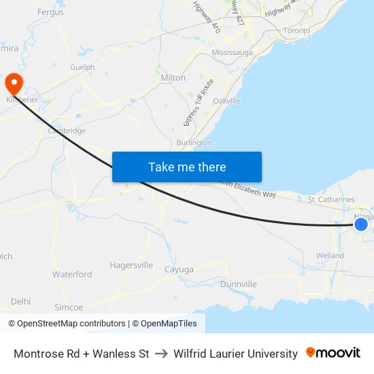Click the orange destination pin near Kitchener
pos(14,84)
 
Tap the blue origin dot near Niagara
pos(361,224)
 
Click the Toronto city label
pos(296,31)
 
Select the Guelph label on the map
pos(82,67)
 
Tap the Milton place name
pos(173,78)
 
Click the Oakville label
pos(226,101)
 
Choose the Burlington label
pos(194,143)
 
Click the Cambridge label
pos(67,131)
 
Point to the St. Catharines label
pos(331,199)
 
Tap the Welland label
pos(330,256)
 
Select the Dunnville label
pos(238,284)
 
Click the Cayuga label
pos(179,270)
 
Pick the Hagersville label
pos(131,265)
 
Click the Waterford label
pos(72,274)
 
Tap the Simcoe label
pos(69,307)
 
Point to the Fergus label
pos(50,12)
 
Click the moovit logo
pos(333,353)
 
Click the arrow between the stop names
pos(161,354)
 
